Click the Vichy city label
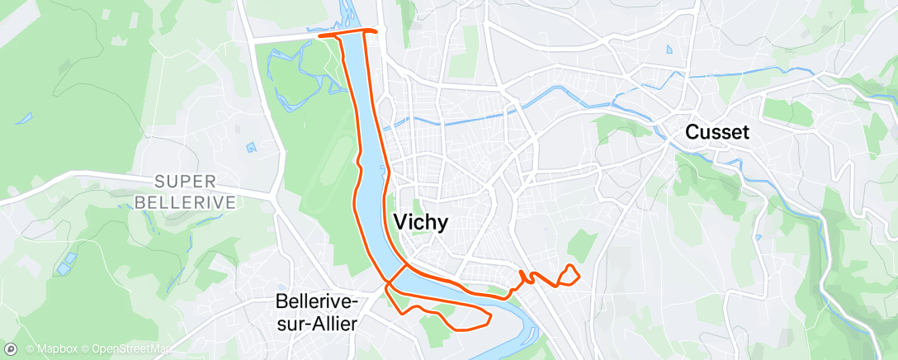421,221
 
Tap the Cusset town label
717,132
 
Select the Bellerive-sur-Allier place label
316,312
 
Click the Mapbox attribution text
56,349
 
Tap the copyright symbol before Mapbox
31,349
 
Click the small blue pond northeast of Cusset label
669,49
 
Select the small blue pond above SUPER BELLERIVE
251,147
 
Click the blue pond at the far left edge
24,117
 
